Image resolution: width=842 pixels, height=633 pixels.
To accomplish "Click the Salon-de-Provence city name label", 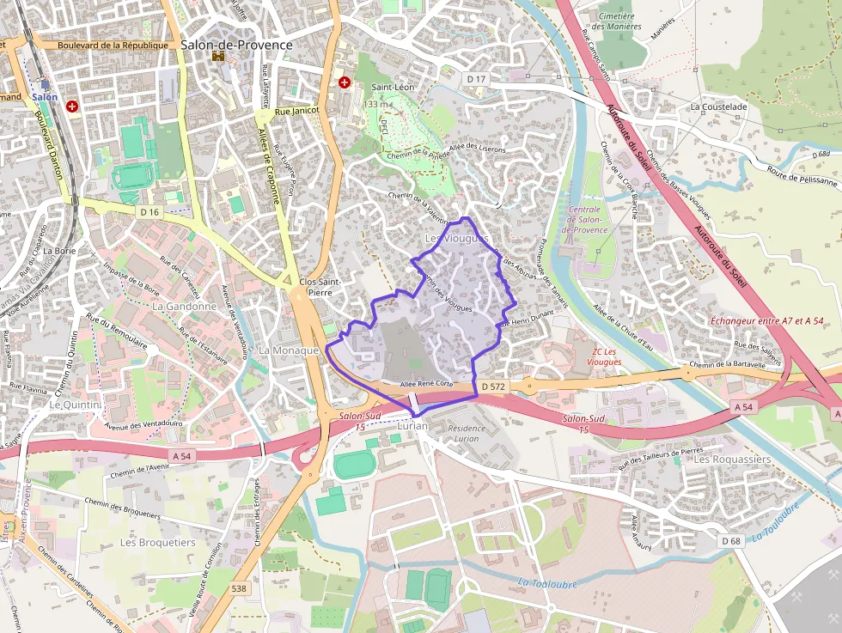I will pos(236,45).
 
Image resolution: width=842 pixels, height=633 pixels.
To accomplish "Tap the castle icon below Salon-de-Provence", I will pos(218,57).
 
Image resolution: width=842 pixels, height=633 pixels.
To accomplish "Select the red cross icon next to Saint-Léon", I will pos(345,82).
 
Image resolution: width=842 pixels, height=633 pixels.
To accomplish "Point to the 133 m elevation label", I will pos(377,104).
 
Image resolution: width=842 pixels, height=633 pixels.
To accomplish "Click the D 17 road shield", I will pos(475,79).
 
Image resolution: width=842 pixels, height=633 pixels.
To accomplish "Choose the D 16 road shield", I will pos(149,211).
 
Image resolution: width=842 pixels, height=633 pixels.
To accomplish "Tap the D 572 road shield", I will pos(493,387).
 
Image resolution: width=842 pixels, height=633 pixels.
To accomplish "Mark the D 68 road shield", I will pos(731,540).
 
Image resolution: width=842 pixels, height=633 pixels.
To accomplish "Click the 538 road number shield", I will pos(240,588).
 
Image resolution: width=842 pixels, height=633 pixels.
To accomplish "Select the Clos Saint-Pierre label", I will pos(320,287).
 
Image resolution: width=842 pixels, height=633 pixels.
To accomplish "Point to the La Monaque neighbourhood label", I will pos(289,350).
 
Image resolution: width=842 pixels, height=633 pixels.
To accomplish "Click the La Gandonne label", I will pos(184,306).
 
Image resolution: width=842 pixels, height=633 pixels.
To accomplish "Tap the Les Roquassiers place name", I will pos(732,459).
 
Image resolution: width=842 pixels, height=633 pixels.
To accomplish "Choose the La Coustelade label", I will pos(718,107).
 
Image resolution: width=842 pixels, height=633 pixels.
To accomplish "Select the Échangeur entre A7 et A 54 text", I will pos(767,320).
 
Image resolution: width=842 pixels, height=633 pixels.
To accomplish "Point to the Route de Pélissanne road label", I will pos(802,176).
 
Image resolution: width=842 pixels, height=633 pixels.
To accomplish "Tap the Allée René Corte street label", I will pos(426,383).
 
